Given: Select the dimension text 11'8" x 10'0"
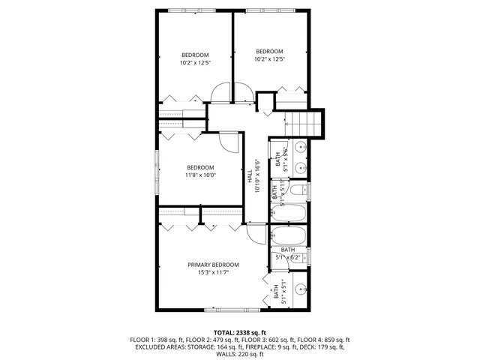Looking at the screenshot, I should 200,175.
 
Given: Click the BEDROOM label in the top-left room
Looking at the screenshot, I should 194,55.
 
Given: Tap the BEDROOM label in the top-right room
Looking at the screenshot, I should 269,52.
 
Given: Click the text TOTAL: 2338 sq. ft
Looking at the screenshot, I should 240,332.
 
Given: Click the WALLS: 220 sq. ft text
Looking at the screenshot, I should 240,355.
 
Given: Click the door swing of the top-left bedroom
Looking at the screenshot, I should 221,94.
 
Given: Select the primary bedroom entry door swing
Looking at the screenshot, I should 256,233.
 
